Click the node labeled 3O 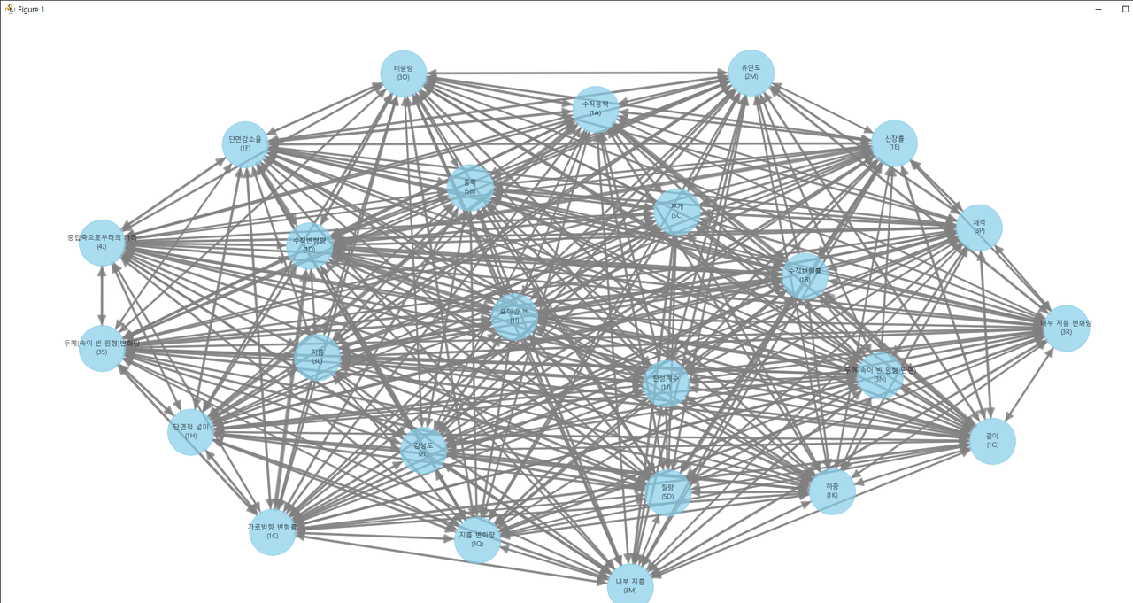404,73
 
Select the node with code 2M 751,73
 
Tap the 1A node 595,109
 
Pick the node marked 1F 245,144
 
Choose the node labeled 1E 894,143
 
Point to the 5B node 470,188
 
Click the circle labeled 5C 677,213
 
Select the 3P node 979,228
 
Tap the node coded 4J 102,243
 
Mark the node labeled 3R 1066,329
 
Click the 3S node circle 102,348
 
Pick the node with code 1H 191,432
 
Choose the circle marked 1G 992,441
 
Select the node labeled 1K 832,491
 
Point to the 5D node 667,493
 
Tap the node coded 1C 273,532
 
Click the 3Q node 478,540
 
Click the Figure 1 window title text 31,10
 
